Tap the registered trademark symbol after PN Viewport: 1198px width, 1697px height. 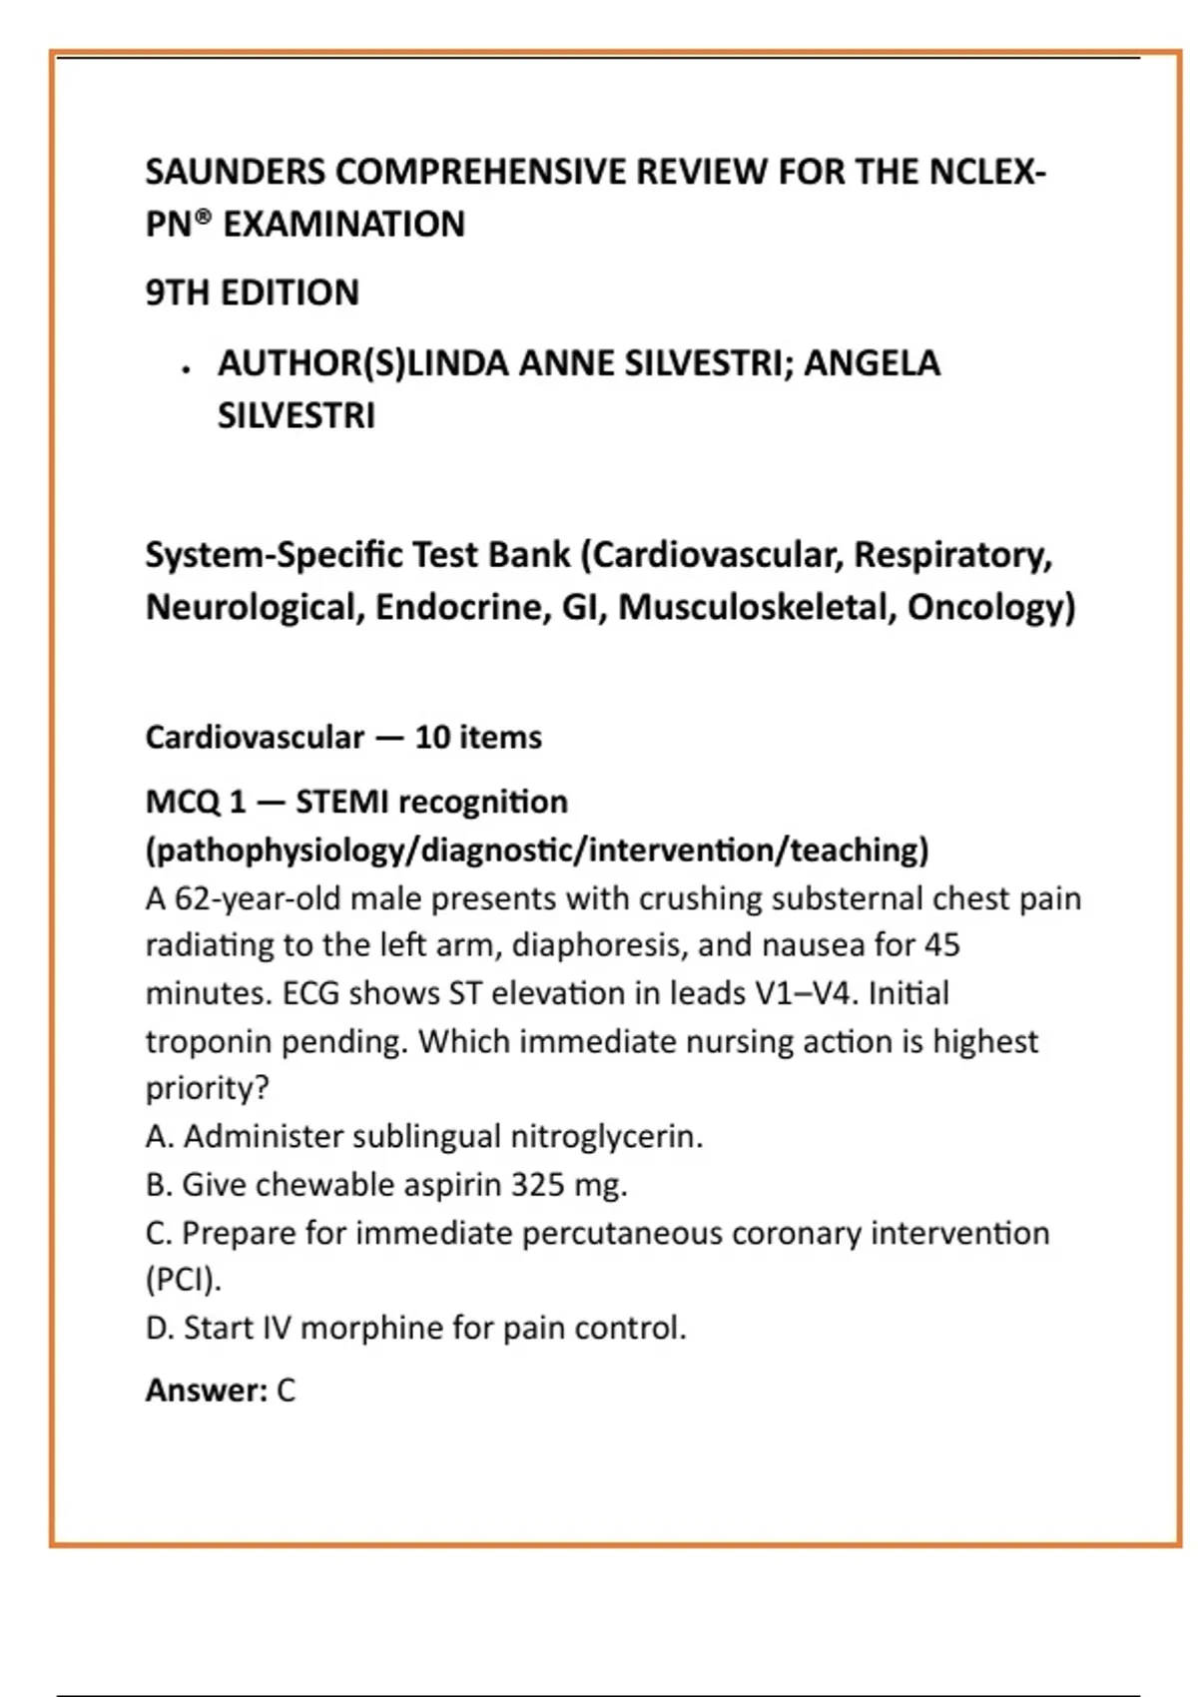tap(203, 216)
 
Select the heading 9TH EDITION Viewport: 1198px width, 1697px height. tap(252, 292)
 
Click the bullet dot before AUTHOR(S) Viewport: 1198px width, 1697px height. tap(186, 370)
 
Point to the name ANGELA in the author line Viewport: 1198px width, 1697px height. tap(872, 363)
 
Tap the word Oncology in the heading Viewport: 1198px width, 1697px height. tap(990, 607)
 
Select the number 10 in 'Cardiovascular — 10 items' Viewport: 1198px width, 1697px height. tap(432, 738)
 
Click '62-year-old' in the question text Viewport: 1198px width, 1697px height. tap(263, 898)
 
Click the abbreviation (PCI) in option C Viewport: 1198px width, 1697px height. tap(183, 1280)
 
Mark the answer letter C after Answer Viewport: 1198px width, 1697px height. tap(287, 1391)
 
